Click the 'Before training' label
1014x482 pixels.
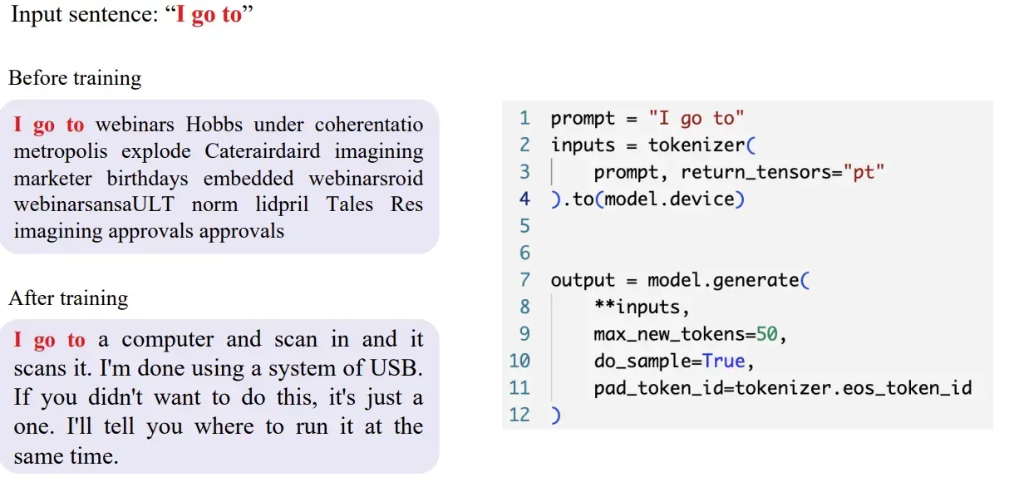pos(75,79)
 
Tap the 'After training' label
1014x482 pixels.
pos(68,298)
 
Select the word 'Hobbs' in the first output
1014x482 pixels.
pos(214,125)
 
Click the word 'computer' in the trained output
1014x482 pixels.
pos(168,340)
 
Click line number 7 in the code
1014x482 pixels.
pos(524,280)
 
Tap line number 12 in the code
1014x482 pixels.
pos(519,415)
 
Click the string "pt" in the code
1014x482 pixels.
pos(864,172)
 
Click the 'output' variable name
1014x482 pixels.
pos(583,280)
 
